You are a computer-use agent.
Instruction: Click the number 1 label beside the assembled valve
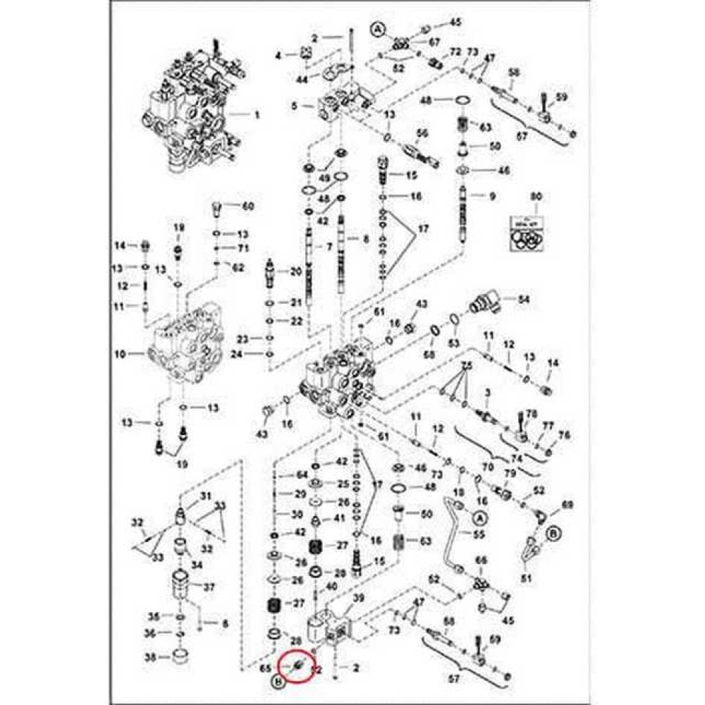pyautogui.click(x=257, y=114)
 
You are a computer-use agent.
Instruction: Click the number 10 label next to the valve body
pyautogui.click(x=120, y=353)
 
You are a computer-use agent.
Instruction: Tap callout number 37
pyautogui.click(x=209, y=587)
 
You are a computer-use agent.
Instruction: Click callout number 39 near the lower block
pyautogui.click(x=358, y=599)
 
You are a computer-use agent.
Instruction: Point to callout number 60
pyautogui.click(x=247, y=207)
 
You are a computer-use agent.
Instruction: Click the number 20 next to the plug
pyautogui.click(x=295, y=271)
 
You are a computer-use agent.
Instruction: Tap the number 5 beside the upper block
pyautogui.click(x=295, y=106)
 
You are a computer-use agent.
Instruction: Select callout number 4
pyautogui.click(x=278, y=55)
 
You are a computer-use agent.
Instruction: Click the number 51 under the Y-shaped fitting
pyautogui.click(x=525, y=580)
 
